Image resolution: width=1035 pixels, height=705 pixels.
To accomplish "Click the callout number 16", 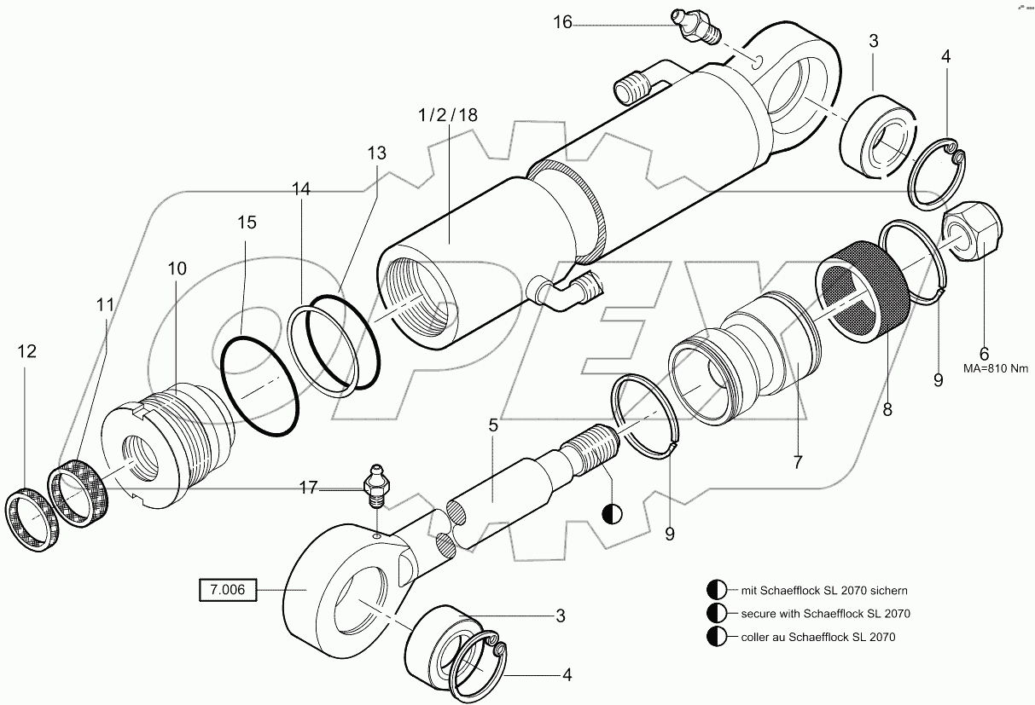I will click(x=562, y=22).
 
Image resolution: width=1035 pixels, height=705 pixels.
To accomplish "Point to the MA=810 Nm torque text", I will click(x=983, y=368).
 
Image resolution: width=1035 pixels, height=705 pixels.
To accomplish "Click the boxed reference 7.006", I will click(x=227, y=589).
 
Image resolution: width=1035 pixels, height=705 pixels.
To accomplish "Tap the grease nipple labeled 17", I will click(x=375, y=483).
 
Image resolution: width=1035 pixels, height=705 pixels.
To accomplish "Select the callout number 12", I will click(x=27, y=351).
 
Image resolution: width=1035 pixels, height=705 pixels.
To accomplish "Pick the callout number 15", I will click(x=247, y=222).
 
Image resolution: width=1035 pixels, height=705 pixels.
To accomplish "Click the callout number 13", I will click(x=377, y=153).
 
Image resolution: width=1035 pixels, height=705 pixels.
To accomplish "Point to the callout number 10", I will click(x=177, y=269).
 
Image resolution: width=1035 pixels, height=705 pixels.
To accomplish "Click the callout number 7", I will click(x=798, y=463).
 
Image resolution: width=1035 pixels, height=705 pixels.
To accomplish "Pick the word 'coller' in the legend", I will click(x=758, y=636).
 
